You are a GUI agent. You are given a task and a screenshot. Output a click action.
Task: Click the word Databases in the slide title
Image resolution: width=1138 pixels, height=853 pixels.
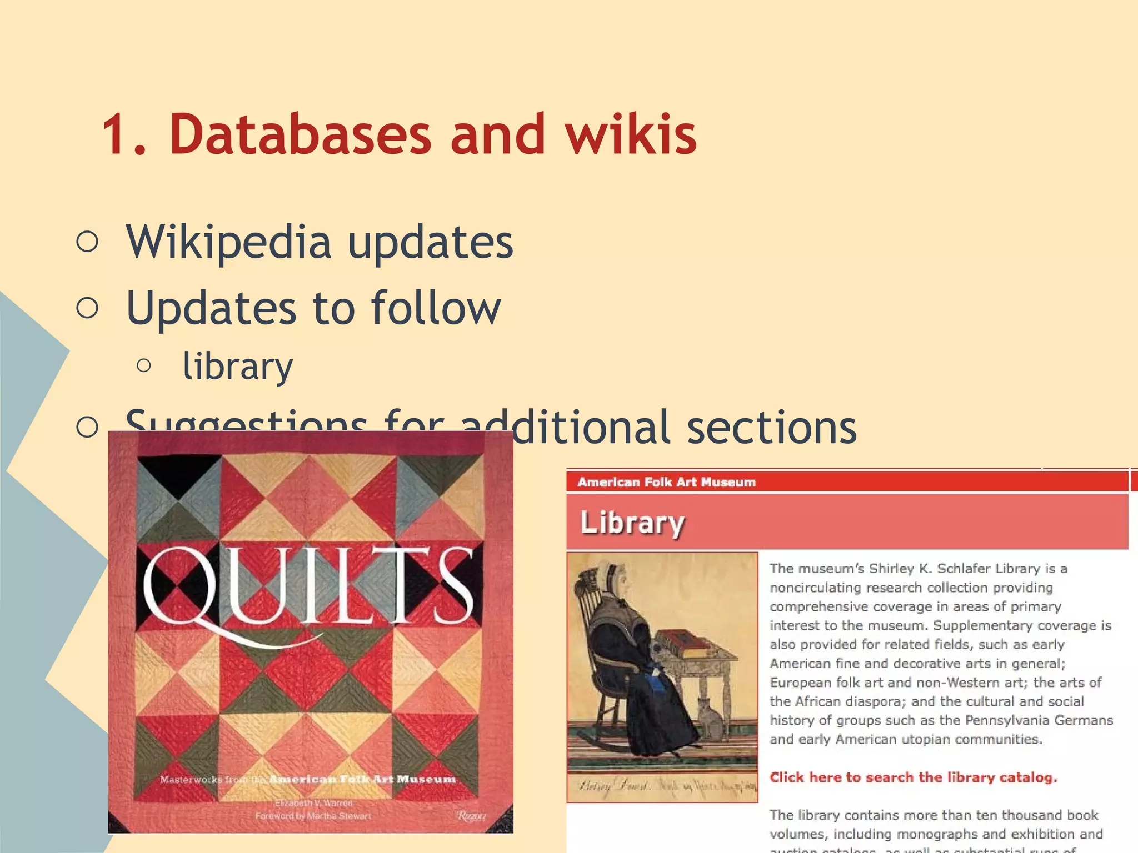tap(300, 134)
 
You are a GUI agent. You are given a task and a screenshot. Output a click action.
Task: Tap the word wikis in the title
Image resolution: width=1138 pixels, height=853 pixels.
tap(631, 134)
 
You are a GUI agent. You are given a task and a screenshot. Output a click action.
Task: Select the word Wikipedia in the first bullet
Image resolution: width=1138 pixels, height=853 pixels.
tap(228, 242)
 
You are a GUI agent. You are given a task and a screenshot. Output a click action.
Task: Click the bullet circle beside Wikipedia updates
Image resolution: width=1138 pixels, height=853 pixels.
tap(87, 242)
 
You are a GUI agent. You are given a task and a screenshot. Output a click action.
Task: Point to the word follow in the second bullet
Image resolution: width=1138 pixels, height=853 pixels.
tap(436, 308)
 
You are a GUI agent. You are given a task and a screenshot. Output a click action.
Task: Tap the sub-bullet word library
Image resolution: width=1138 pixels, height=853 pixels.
tap(237, 367)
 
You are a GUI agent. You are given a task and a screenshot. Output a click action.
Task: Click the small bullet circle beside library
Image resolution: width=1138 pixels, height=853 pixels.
tap(143, 365)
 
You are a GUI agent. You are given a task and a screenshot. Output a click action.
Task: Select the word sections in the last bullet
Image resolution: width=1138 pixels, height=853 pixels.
tap(772, 428)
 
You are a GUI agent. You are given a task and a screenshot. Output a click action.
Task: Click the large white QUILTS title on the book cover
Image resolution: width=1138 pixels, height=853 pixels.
tap(309, 589)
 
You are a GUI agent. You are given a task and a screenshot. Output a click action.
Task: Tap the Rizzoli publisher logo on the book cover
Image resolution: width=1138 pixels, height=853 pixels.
tap(471, 816)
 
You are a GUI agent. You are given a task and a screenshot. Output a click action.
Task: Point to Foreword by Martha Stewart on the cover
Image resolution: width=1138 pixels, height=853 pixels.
tap(313, 816)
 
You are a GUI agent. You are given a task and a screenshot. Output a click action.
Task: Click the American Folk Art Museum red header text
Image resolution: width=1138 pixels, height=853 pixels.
tap(667, 482)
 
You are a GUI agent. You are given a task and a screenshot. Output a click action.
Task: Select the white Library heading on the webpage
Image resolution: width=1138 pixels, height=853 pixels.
tap(632, 523)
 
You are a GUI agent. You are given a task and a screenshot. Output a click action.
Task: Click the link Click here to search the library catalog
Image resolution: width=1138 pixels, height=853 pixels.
tap(913, 777)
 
